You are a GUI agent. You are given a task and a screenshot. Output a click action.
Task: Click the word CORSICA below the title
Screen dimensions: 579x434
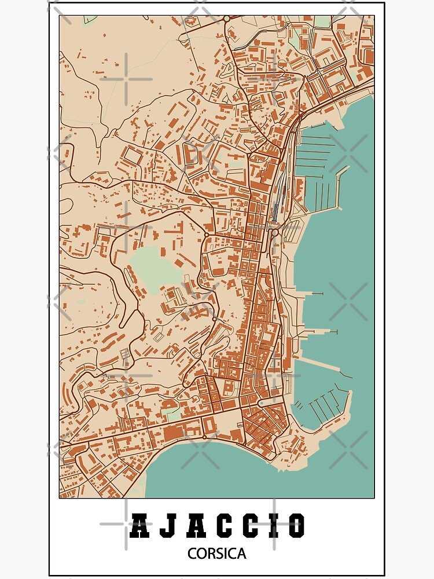tap(216, 554)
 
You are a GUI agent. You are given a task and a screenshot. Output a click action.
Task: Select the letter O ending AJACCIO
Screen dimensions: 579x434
tap(296, 526)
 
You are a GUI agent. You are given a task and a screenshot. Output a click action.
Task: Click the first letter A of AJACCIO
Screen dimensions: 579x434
tap(139, 526)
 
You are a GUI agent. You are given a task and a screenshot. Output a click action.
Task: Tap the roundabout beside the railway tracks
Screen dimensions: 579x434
tap(275, 233)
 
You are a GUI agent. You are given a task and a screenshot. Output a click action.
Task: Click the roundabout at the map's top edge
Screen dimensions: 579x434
tap(226, 19)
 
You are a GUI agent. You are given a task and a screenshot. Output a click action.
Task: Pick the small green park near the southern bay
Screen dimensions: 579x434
tap(172, 415)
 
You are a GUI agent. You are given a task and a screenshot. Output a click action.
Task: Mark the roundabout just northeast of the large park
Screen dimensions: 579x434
tap(205, 235)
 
